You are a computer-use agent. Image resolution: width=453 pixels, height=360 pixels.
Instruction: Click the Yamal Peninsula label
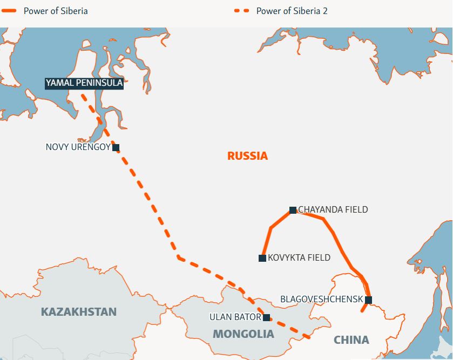click(84, 83)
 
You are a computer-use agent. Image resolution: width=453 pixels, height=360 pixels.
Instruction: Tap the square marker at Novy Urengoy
click(116, 147)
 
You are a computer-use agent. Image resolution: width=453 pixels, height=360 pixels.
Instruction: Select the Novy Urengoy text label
click(78, 147)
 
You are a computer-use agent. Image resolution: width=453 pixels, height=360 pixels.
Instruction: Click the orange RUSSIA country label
click(247, 156)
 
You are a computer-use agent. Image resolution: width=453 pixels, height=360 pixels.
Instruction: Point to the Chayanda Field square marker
click(293, 210)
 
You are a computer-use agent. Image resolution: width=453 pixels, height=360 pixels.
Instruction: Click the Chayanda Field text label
click(333, 209)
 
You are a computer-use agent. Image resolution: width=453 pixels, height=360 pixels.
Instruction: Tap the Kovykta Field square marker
click(262, 258)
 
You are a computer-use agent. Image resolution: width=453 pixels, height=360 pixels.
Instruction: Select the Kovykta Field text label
click(299, 258)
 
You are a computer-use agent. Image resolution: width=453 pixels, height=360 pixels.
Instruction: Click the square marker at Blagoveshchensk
click(368, 300)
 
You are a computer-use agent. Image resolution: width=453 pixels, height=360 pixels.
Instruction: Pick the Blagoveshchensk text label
click(322, 299)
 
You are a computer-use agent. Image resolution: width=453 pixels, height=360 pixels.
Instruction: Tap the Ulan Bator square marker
click(266, 317)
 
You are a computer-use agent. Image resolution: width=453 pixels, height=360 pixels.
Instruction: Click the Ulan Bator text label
click(235, 317)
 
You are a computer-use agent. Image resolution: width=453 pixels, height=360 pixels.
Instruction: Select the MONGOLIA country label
click(244, 334)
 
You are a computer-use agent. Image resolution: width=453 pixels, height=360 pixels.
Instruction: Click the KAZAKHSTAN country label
click(79, 312)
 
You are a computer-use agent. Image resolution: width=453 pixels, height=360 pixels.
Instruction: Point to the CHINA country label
click(351, 339)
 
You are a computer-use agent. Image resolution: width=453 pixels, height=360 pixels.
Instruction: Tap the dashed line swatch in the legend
click(242, 11)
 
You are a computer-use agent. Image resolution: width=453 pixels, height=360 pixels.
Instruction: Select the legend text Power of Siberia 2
click(292, 11)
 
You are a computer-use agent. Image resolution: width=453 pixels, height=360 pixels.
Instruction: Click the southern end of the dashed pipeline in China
click(308, 337)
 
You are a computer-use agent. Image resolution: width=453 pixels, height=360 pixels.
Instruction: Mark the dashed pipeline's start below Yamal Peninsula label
click(82, 96)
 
